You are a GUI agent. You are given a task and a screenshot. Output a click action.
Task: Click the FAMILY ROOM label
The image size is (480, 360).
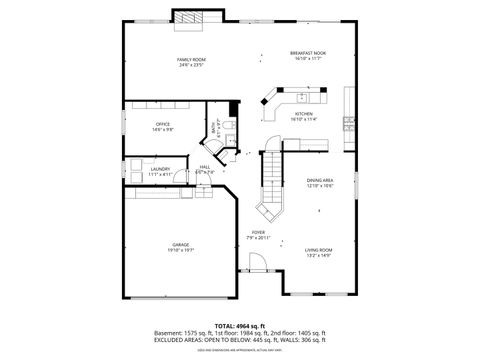191,60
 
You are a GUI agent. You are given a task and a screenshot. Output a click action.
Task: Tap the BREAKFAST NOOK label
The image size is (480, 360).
308,52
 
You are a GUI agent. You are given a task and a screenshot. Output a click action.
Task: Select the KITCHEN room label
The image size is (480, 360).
304,114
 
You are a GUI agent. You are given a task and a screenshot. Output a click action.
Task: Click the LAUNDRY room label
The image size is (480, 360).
160,169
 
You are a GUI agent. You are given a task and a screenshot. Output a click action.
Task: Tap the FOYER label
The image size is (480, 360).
257,233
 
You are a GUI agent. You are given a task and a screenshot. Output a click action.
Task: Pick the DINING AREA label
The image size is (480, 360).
320,180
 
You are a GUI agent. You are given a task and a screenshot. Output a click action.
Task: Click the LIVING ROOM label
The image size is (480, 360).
319,249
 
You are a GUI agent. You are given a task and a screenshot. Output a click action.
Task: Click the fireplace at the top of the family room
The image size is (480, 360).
190,17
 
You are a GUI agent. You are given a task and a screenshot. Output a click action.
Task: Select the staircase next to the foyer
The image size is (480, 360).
270,190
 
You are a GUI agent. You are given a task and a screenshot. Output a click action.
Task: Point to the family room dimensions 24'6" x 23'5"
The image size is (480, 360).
191,66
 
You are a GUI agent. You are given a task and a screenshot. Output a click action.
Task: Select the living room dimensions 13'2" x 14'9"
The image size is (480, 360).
319,255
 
